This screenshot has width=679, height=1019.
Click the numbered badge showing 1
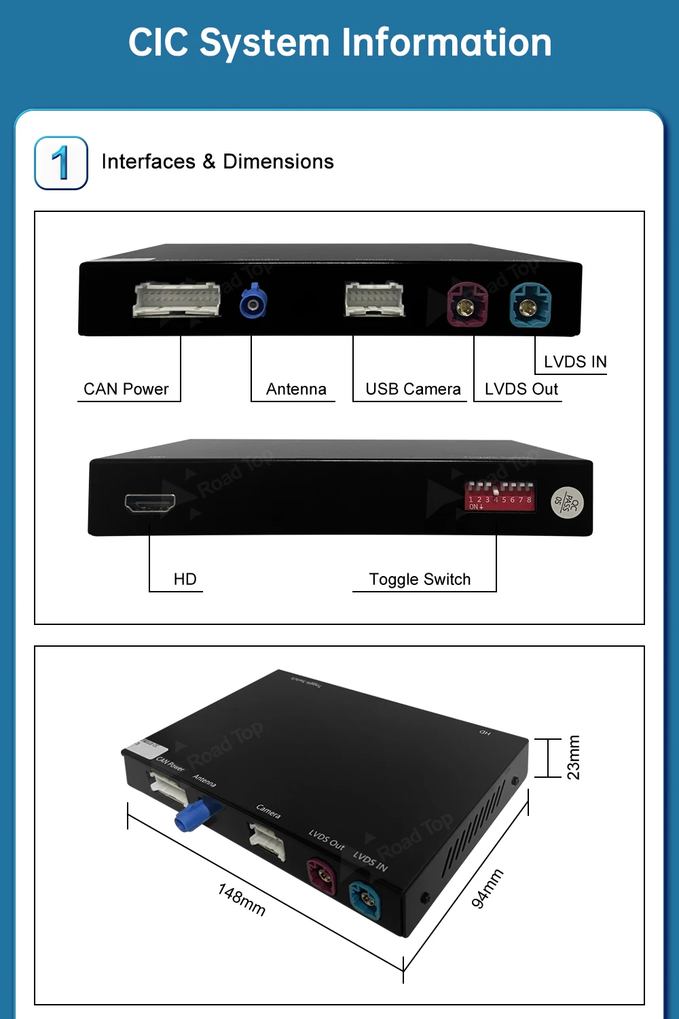tap(61, 163)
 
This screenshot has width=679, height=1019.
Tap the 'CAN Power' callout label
tap(126, 389)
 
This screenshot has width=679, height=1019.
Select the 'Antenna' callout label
tap(296, 389)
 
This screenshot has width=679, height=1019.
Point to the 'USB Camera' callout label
tap(413, 389)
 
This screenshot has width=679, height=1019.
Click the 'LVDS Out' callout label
tap(521, 389)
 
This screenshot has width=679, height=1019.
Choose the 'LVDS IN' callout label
tap(575, 362)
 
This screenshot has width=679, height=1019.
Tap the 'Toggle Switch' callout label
tap(420, 579)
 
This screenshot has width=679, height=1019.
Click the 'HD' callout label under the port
tap(185, 579)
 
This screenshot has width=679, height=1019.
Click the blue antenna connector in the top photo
tap(253, 302)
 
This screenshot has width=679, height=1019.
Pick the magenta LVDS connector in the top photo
tap(467, 305)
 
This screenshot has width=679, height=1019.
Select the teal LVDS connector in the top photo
tap(530, 306)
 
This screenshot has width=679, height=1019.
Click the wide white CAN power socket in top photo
tap(177, 300)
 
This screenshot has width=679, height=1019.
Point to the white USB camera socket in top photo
tap(374, 300)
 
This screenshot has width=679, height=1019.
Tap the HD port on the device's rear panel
tap(150, 503)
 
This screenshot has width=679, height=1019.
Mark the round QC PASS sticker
tap(567, 503)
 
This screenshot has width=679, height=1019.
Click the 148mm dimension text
tap(242, 899)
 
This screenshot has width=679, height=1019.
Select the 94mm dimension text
tap(488, 888)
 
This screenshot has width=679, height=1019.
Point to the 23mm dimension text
tap(574, 757)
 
